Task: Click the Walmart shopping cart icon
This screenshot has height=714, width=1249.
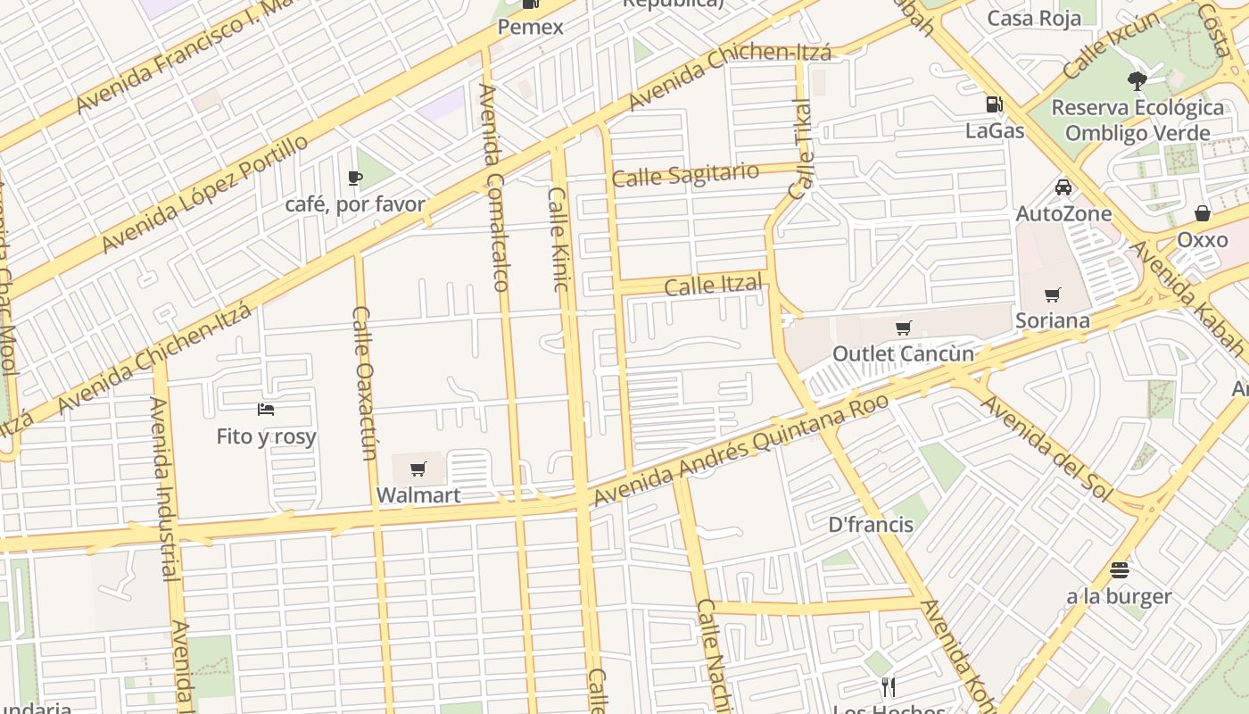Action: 418,469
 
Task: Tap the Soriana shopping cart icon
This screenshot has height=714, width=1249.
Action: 1053,295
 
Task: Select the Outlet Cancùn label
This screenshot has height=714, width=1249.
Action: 903,353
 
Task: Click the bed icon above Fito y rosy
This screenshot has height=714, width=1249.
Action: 266,410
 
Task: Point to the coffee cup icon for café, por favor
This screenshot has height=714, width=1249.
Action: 355,178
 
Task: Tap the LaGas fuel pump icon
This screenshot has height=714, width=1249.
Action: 994,104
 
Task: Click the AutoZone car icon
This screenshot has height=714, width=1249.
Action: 1063,187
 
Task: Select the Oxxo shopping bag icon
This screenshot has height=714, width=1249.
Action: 1203,213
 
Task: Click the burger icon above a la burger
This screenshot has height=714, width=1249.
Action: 1120,569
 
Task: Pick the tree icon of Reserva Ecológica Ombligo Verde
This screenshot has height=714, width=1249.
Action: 1137,81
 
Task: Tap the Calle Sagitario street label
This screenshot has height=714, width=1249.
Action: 686,174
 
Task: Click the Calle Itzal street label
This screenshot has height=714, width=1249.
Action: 714,286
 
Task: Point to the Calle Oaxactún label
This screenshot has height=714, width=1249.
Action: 364,384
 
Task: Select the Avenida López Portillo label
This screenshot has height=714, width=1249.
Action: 205,194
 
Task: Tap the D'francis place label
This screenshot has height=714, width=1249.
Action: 871,524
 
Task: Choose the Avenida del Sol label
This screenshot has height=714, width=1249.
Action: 1046,448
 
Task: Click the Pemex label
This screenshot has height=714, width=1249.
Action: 530,27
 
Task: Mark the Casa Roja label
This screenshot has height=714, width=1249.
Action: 1034,18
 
